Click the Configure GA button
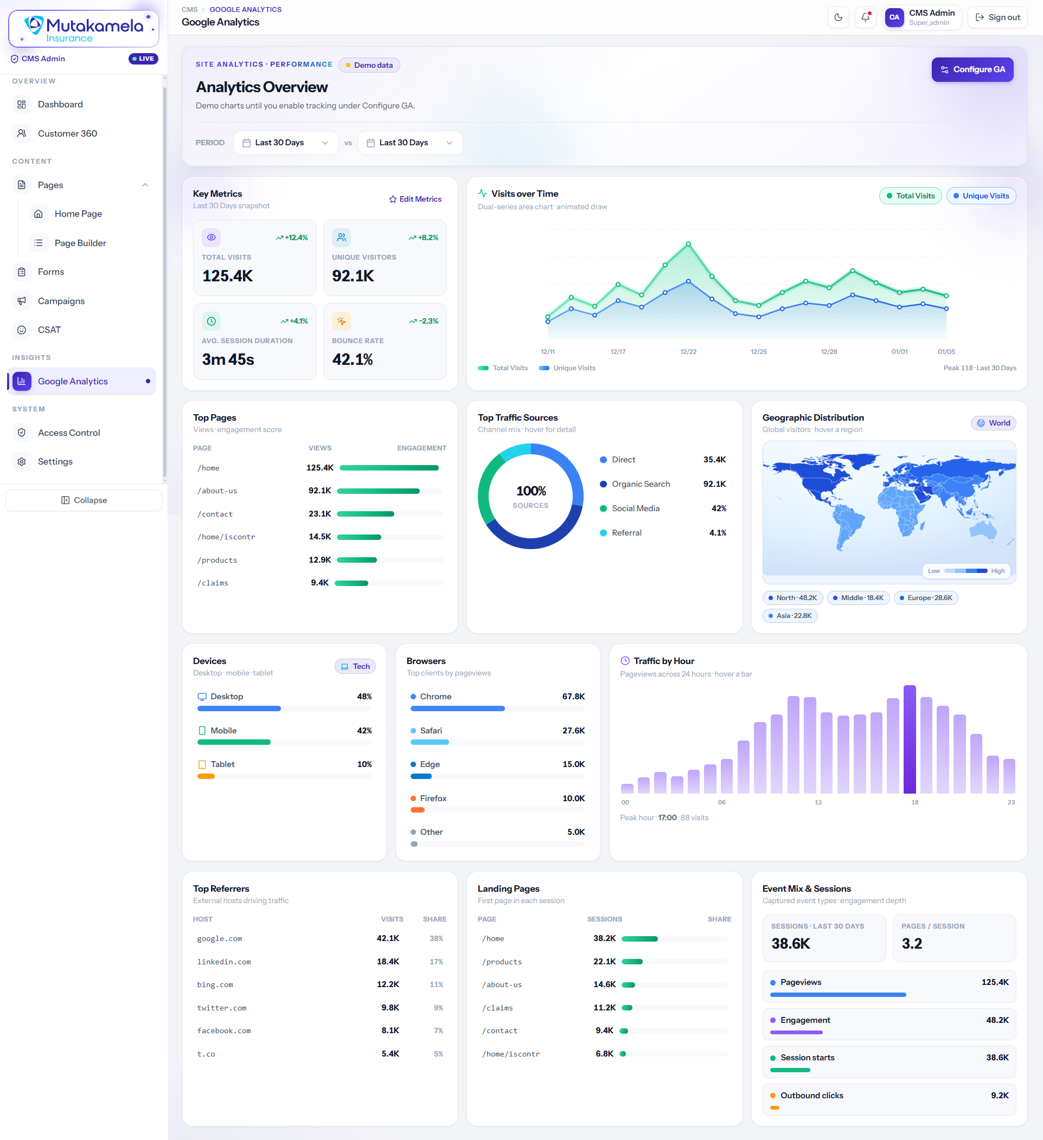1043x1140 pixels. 972,69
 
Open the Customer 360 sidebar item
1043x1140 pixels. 67,133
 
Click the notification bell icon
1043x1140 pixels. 865,17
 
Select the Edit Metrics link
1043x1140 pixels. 415,199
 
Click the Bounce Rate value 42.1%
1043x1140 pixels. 353,359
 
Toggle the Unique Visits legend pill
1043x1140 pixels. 981,196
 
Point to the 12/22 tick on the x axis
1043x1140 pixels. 688,352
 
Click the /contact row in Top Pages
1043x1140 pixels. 320,514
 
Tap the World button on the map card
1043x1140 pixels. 993,423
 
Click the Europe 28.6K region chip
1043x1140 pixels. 925,598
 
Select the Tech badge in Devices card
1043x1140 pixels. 355,666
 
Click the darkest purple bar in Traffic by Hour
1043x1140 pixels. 910,739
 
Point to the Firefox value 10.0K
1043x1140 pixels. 573,798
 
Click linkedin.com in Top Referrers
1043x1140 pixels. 224,962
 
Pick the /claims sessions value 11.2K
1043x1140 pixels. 604,1008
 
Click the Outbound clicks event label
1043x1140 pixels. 811,1096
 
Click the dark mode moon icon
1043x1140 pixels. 838,17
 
